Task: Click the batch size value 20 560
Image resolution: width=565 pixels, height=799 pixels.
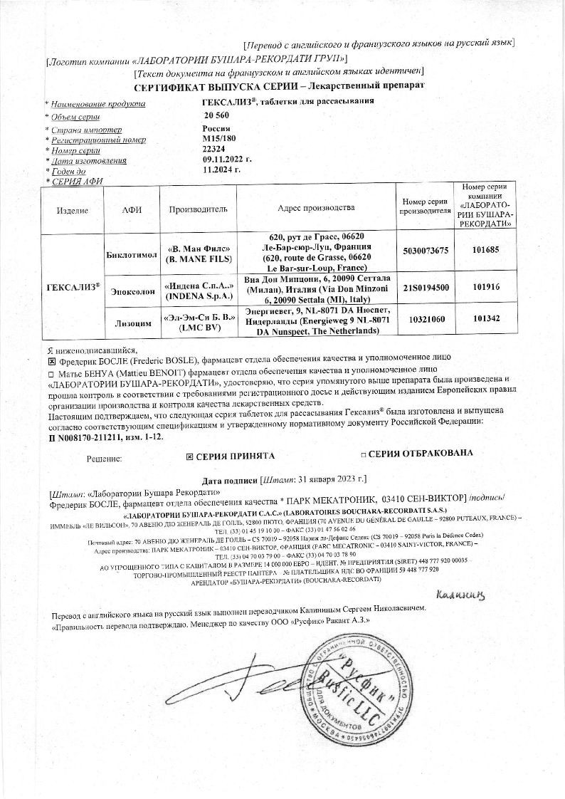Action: click(x=216, y=115)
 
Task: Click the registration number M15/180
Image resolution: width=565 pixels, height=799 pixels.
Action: click(x=218, y=139)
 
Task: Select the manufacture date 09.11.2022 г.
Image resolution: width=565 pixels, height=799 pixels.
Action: click(x=227, y=160)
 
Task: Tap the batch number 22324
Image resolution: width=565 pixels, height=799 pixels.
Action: click(x=213, y=150)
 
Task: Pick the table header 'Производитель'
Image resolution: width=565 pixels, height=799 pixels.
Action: click(x=198, y=209)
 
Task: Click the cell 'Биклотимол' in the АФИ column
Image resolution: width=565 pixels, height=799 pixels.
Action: click(x=131, y=255)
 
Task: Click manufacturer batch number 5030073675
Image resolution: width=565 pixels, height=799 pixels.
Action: click(x=426, y=251)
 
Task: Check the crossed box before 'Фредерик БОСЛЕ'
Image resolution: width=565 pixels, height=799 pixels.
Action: click(x=51, y=362)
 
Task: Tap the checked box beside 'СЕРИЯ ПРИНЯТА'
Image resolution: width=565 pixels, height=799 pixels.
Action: click(x=189, y=455)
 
